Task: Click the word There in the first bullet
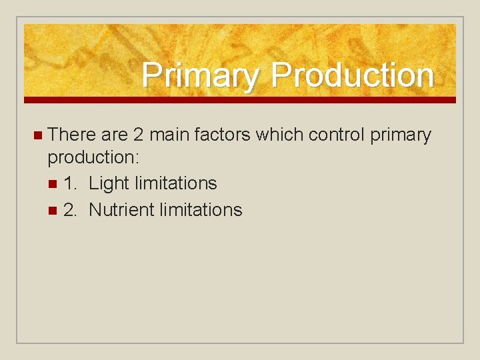pyautogui.click(x=72, y=135)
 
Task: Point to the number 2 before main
pyautogui.click(x=138, y=135)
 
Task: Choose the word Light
pyautogui.click(x=109, y=184)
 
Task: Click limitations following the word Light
pyautogui.click(x=175, y=183)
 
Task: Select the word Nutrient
pyautogui.click(x=119, y=210)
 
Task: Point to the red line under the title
pyautogui.click(x=240, y=100)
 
